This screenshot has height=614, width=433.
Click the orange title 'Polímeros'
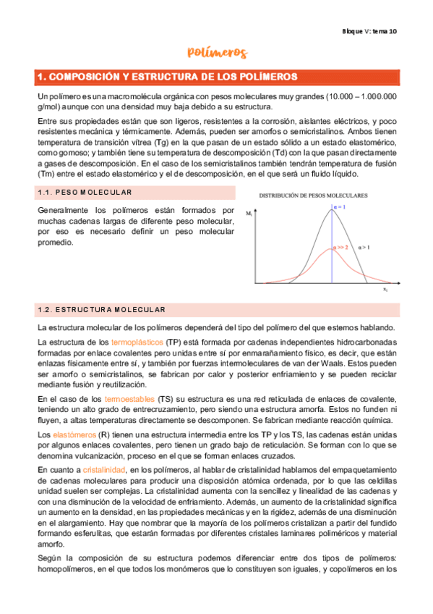click(x=217, y=52)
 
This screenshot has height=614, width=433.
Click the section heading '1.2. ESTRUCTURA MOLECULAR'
click(x=101, y=310)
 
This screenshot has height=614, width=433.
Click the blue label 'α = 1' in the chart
click(x=339, y=209)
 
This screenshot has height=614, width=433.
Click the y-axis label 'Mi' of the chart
click(x=249, y=215)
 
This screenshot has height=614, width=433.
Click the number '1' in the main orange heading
click(x=42, y=77)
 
